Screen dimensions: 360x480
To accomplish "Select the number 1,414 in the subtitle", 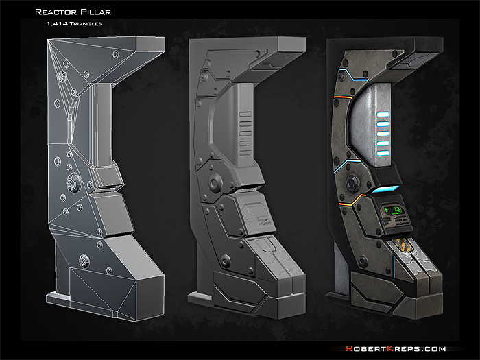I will point(57,24).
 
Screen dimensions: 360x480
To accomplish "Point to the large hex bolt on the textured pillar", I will point(354,182).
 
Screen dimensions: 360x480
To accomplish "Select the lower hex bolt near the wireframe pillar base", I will point(85,261).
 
